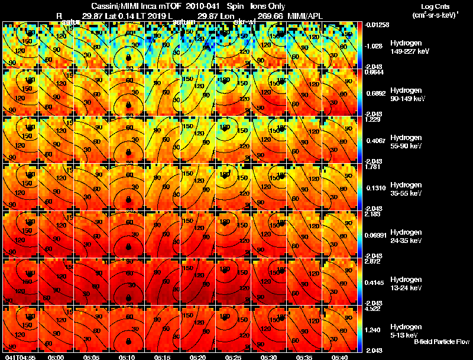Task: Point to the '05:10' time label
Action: click(x=127, y=357)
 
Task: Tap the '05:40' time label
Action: click(x=340, y=357)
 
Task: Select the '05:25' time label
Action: click(x=233, y=357)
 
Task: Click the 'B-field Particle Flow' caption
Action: click(x=441, y=342)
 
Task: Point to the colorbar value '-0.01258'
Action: click(x=377, y=24)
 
